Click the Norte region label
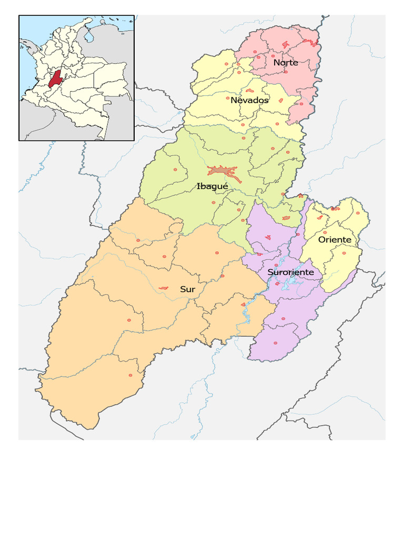point(286,63)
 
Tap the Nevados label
point(250,100)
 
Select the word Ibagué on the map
point(212,186)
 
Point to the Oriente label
point(335,239)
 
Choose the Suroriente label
point(291,272)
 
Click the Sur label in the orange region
point(187,289)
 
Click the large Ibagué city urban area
point(223,171)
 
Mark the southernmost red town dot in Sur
point(130,375)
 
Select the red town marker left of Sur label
point(164,288)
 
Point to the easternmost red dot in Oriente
point(358,214)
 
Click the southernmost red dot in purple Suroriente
point(275,343)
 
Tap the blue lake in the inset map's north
point(89,36)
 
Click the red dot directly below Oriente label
point(344,253)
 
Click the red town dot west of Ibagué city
point(175,169)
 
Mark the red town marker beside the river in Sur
point(243,304)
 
